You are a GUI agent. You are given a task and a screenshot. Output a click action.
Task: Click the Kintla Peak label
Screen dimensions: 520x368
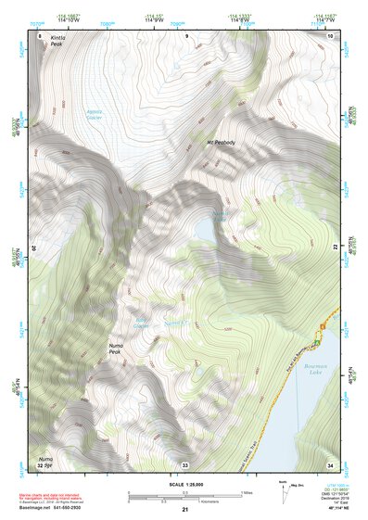[x=48, y=44]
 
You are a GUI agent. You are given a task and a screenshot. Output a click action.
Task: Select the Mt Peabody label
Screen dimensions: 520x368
[x=221, y=142]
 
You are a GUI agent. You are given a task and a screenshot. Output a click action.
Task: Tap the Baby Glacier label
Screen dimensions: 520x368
[x=141, y=323]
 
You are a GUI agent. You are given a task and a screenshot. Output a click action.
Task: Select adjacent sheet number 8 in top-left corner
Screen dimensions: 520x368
[x=40, y=35]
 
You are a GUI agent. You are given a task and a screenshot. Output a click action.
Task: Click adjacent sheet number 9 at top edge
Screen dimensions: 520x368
[x=185, y=35]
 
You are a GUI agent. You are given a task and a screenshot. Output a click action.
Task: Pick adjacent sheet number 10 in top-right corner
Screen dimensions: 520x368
[x=331, y=35]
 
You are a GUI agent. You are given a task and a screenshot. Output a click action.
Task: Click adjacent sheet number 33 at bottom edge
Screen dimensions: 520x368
[x=185, y=464]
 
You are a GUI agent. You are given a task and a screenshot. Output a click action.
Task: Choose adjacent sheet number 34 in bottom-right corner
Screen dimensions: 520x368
[x=331, y=464]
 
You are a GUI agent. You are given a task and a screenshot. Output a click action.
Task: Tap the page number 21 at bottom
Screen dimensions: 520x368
[x=184, y=511]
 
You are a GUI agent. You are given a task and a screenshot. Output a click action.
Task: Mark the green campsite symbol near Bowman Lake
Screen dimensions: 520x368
[x=318, y=342]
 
